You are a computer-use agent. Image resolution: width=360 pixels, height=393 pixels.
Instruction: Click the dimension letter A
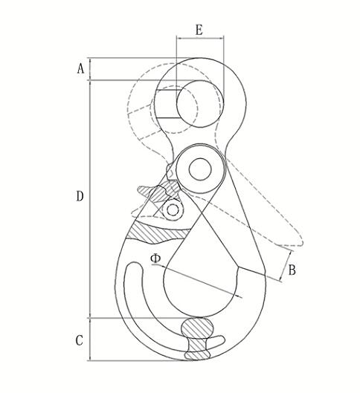80,68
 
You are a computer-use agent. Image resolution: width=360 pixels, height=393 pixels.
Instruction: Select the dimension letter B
292,270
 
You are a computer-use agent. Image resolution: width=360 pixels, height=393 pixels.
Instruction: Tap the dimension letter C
80,341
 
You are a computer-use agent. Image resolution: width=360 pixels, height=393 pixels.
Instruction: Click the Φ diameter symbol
155,259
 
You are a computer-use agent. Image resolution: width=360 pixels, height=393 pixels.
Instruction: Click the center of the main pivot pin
199,169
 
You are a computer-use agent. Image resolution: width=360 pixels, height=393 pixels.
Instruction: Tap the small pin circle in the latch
173,210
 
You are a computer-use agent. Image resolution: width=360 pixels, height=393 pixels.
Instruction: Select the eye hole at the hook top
199,100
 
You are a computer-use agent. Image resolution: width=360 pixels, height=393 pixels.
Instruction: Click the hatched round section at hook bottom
198,329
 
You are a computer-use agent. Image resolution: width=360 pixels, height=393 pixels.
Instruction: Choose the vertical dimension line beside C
91,340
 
